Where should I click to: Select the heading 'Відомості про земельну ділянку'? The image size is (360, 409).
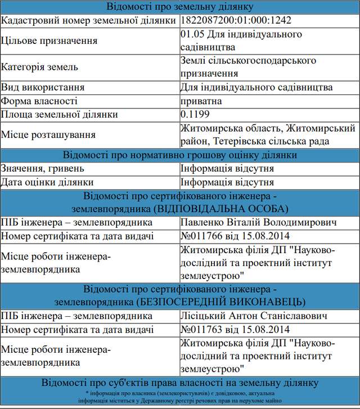point(180,7)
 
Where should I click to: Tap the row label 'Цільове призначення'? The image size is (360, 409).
point(49,41)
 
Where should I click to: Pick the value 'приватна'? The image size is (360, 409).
point(201,101)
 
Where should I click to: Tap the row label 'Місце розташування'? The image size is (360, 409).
point(48,135)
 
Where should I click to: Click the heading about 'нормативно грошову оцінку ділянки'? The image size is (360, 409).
point(180,155)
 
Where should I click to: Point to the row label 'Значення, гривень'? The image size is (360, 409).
point(43,169)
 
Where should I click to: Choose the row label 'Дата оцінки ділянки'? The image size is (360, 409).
point(47,182)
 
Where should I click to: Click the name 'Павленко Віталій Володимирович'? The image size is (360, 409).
point(259,223)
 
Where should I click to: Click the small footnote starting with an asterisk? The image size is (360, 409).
point(180,397)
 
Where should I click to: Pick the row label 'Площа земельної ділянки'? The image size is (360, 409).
point(60,114)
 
